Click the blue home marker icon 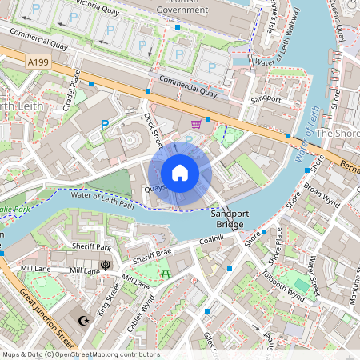180,172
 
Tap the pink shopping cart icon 196,124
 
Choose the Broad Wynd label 322,194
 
